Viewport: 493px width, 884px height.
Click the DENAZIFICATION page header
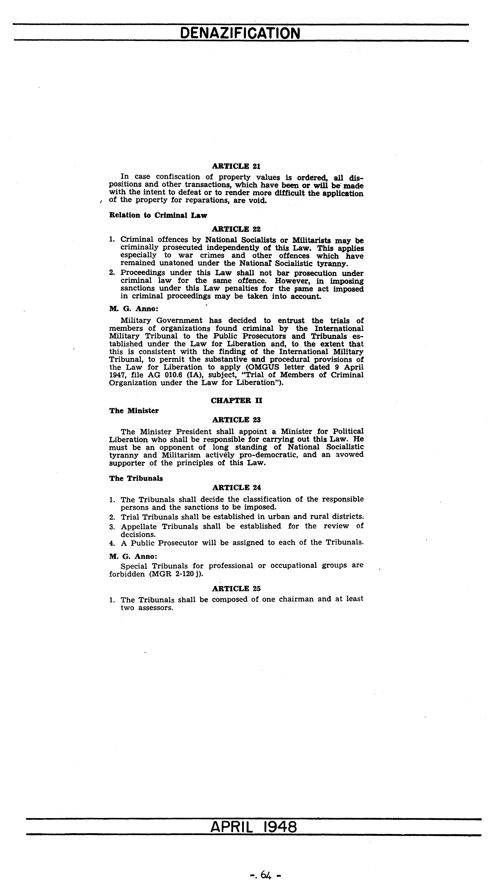point(240,33)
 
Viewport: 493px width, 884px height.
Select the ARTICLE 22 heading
point(236,229)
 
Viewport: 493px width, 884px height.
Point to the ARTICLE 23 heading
point(236,420)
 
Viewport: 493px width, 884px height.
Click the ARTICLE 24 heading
point(236,488)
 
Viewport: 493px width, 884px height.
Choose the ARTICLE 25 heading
point(236,588)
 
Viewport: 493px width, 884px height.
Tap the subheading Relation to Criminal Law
point(158,215)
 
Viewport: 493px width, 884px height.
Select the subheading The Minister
point(134,411)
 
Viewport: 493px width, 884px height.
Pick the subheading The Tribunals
point(136,478)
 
